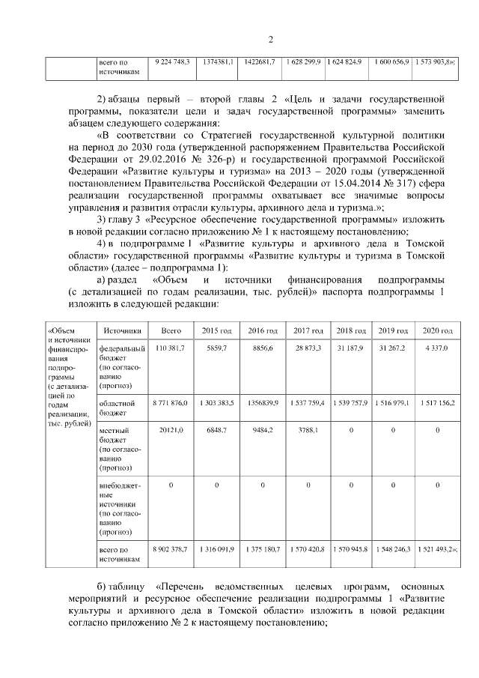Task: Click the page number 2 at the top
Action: (271, 40)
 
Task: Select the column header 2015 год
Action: (217, 330)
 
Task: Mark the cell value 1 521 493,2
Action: (435, 549)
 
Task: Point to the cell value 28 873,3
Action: (308, 348)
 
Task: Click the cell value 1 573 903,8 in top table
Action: (435, 61)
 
